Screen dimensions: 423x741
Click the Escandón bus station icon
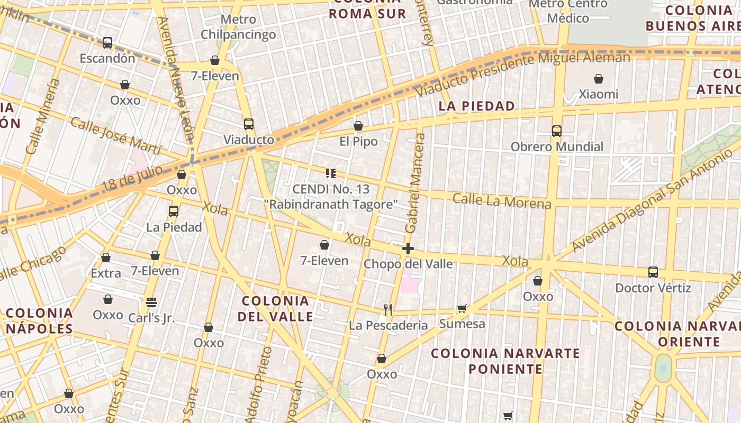click(x=107, y=42)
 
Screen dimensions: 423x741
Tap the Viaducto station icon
click(x=249, y=124)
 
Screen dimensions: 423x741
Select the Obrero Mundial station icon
click(x=556, y=131)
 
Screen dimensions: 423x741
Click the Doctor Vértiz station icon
click(x=653, y=272)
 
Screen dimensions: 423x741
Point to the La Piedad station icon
click(x=173, y=212)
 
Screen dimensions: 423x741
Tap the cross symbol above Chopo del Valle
click(x=408, y=248)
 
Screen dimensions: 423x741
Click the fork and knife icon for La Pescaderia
click(x=388, y=310)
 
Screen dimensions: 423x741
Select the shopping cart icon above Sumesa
click(x=462, y=308)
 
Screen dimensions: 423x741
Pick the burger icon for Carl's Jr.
click(x=151, y=302)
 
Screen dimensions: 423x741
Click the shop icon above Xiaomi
click(x=599, y=79)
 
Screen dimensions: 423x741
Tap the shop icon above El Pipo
click(x=358, y=126)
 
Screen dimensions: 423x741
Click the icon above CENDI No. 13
click(x=331, y=173)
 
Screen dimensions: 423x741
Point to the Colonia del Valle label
click(x=275, y=309)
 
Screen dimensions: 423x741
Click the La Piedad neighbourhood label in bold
click(x=477, y=106)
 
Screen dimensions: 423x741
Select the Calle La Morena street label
click(x=502, y=201)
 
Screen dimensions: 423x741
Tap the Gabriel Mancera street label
click(x=415, y=183)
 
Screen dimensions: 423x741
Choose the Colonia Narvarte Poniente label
click(x=505, y=361)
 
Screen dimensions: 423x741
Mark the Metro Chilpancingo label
click(x=238, y=27)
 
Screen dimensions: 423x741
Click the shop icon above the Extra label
click(x=106, y=258)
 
